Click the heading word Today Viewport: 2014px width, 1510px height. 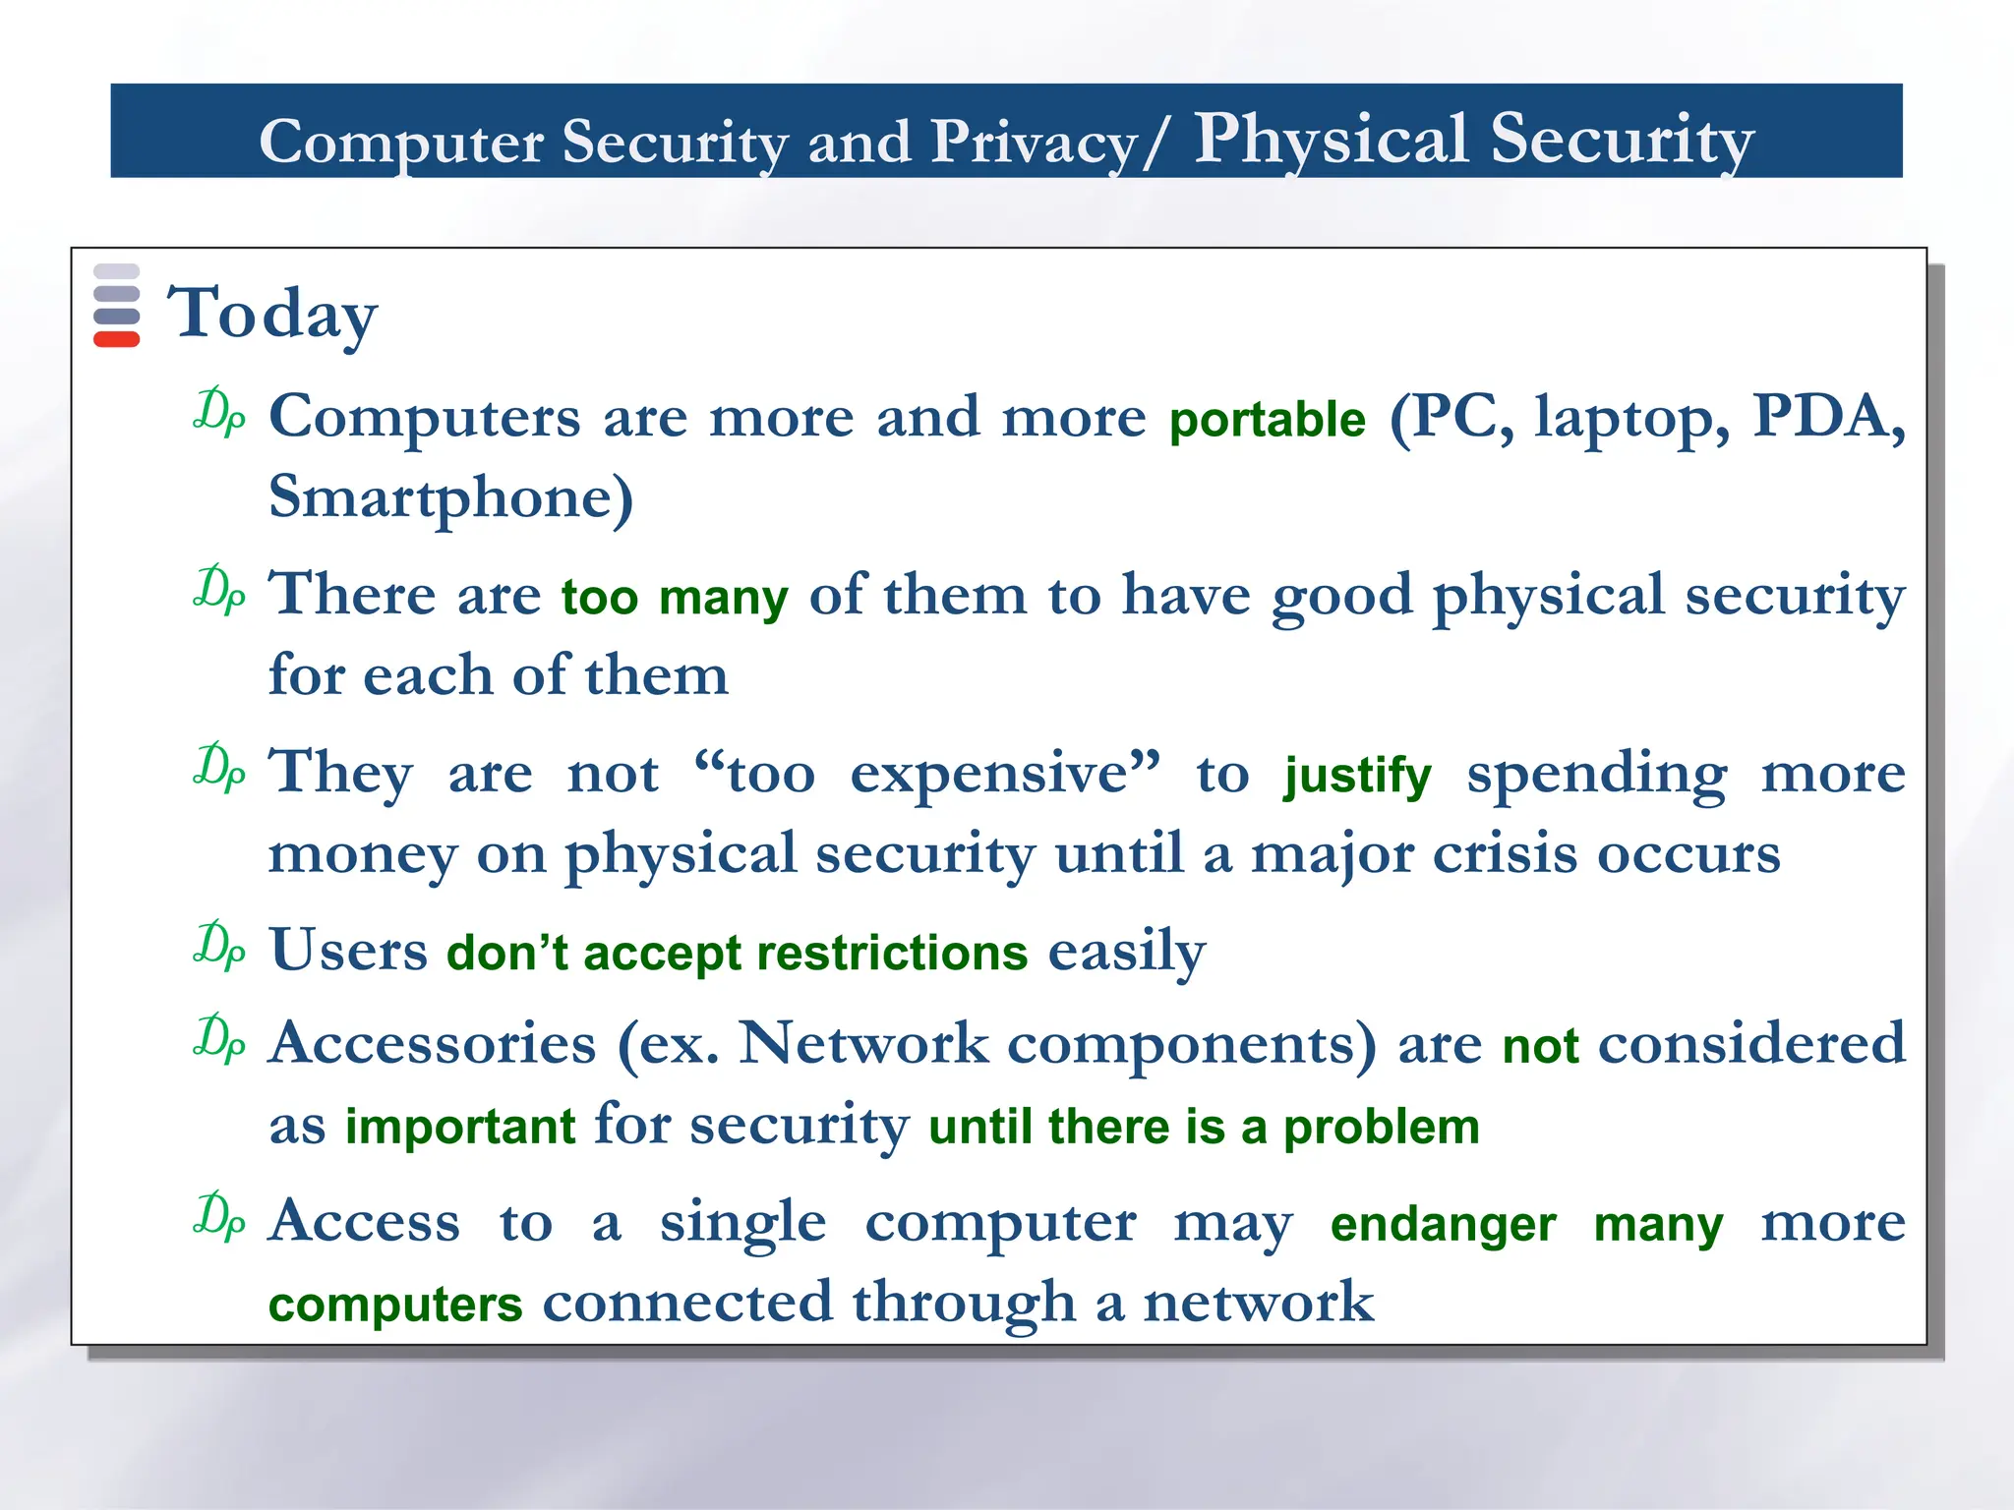[x=272, y=314]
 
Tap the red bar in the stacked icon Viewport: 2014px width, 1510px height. [x=116, y=340]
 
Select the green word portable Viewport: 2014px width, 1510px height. [x=1268, y=420]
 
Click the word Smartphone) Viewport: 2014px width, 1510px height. [x=451, y=497]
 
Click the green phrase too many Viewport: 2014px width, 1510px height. [x=675, y=598]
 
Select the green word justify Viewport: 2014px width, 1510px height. [x=1357, y=776]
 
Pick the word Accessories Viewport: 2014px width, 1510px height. [x=433, y=1043]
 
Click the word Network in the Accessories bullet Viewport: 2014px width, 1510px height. [x=863, y=1043]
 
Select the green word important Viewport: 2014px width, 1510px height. [x=460, y=1127]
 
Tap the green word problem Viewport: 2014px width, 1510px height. [x=1381, y=1127]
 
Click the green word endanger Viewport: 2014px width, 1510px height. [x=1443, y=1225]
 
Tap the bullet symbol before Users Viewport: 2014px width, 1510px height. [x=219, y=946]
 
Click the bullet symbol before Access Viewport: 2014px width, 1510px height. [x=219, y=1216]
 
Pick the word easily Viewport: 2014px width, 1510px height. [x=1127, y=952]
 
